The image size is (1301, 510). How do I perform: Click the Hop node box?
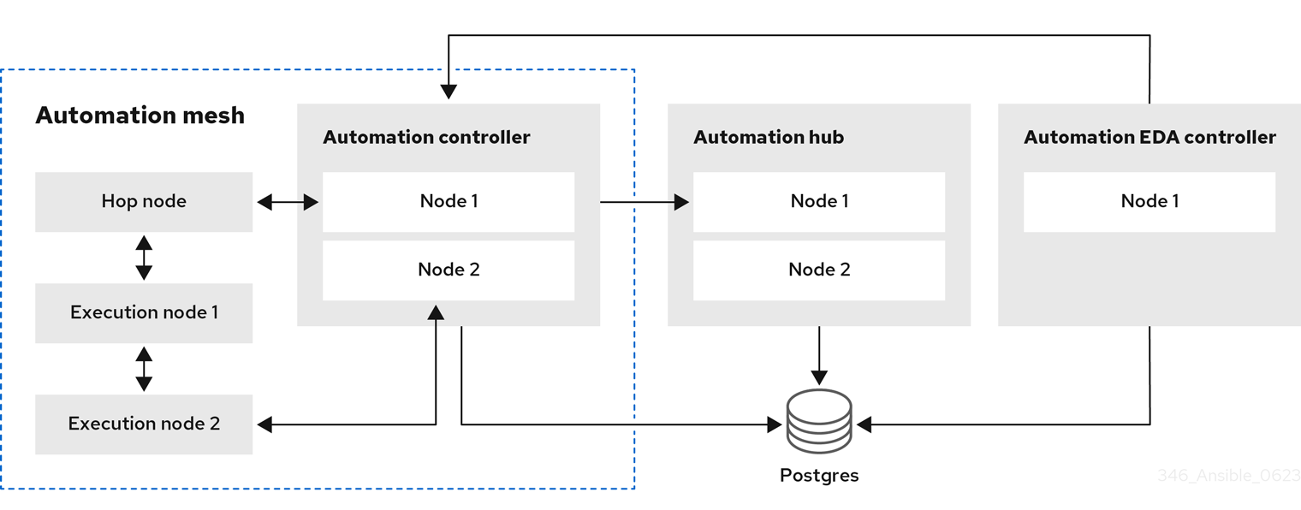tap(144, 202)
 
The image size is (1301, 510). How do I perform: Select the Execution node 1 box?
tap(144, 313)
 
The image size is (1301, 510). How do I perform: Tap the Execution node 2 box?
tap(144, 424)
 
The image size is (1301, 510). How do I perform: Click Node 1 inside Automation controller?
tap(449, 202)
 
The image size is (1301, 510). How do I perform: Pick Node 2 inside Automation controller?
tap(449, 270)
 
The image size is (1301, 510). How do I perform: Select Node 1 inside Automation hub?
tap(819, 202)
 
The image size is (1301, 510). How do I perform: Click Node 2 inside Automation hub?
tap(819, 270)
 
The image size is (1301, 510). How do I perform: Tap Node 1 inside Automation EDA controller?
tap(1150, 202)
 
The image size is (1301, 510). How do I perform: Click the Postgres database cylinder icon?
tap(819, 421)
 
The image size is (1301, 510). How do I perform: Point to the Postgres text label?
tap(819, 475)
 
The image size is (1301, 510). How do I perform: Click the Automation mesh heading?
tap(140, 115)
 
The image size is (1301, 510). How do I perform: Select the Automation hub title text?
tap(769, 137)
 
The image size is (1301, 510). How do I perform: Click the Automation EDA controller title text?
tap(1150, 137)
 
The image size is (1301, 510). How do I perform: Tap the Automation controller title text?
tap(426, 137)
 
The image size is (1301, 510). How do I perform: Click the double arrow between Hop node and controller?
tap(288, 202)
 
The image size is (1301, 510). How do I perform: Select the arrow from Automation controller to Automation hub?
tap(645, 202)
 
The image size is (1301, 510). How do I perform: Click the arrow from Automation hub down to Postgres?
tap(819, 355)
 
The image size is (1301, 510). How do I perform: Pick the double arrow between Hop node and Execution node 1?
tap(144, 258)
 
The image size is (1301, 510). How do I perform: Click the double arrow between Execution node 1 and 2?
tap(144, 370)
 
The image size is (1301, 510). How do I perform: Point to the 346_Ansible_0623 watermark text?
tap(1228, 476)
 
